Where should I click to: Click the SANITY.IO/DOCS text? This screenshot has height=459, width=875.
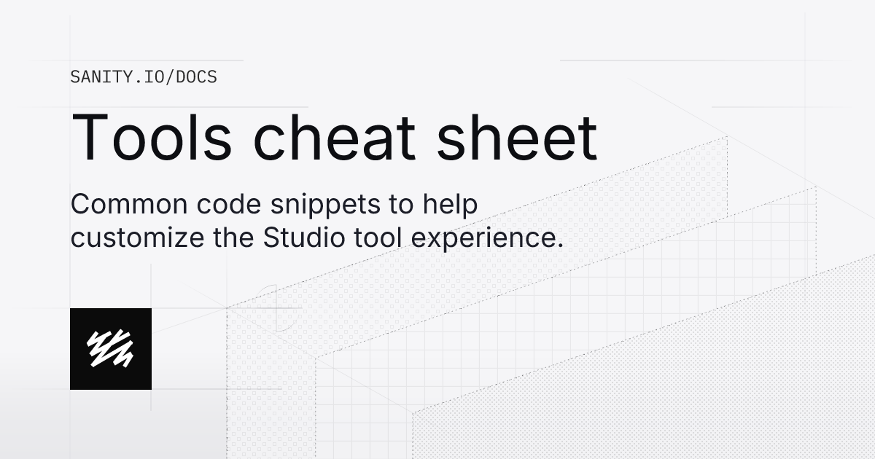point(144,76)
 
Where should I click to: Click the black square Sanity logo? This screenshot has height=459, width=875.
point(111,348)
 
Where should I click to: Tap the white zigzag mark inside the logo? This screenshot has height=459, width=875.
point(110,348)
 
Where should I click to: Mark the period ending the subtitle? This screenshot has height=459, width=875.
point(561,246)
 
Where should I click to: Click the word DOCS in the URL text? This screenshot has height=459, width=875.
point(197,76)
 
